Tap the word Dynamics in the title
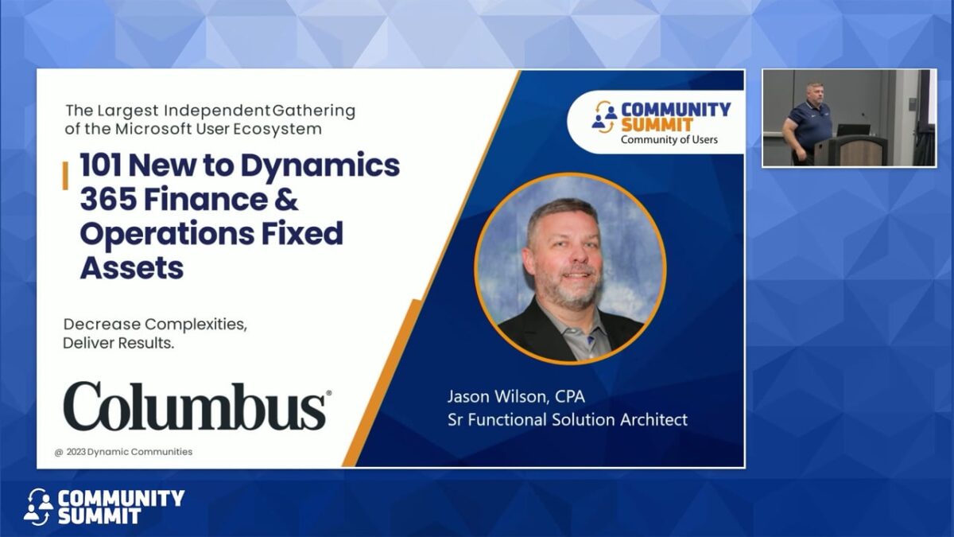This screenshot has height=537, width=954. [x=320, y=166]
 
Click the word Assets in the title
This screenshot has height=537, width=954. [x=132, y=268]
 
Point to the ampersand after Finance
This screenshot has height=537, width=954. [x=286, y=200]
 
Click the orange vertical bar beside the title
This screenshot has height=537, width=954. [x=65, y=176]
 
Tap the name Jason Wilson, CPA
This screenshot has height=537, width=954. [x=516, y=396]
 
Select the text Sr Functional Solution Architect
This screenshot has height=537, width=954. [x=568, y=419]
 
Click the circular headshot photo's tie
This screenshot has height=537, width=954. [x=590, y=341]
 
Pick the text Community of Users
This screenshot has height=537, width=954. [x=669, y=140]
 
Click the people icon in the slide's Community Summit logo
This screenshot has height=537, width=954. [x=604, y=116]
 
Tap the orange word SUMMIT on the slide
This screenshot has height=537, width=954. [x=657, y=125]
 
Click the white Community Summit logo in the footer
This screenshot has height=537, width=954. [x=104, y=507]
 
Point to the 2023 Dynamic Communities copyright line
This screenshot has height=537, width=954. [x=123, y=452]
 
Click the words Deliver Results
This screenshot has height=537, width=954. [x=118, y=343]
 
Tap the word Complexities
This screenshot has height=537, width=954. [x=196, y=325]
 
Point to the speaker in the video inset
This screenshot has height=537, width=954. [x=806, y=123]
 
